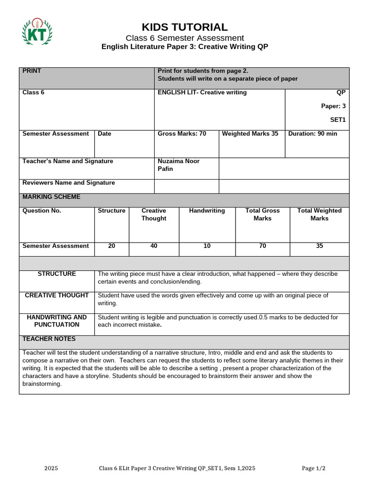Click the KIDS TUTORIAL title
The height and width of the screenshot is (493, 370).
185,27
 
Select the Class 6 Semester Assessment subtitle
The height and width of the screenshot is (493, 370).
185,38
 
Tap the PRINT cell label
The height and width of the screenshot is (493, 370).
32,71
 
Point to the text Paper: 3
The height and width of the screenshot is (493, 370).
333,106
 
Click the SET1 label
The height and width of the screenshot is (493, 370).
338,119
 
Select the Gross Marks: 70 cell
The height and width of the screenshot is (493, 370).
182,134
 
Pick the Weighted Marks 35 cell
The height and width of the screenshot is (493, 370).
250,134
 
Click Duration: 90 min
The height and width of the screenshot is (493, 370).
313,134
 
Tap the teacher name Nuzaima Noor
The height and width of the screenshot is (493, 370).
178,161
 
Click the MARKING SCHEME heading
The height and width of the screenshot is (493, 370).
52,197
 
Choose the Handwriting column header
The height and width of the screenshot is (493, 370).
207,211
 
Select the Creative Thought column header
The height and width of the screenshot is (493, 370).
154,215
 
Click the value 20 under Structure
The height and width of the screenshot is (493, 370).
112,246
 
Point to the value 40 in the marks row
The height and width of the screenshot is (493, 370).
154,246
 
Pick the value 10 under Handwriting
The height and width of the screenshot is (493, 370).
207,246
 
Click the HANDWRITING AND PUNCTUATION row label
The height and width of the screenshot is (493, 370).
57,321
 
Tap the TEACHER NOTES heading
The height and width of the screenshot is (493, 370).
49,339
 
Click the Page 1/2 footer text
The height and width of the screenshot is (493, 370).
314,468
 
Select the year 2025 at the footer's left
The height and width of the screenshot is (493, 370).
51,468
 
